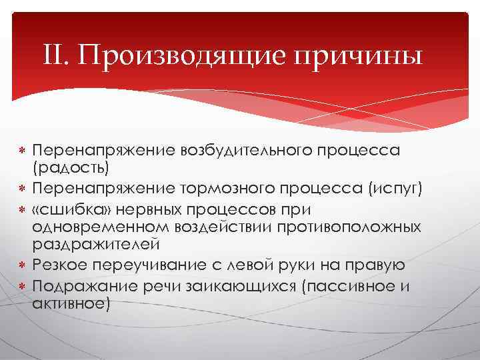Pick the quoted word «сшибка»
[69, 209]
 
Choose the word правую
[375, 265]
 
